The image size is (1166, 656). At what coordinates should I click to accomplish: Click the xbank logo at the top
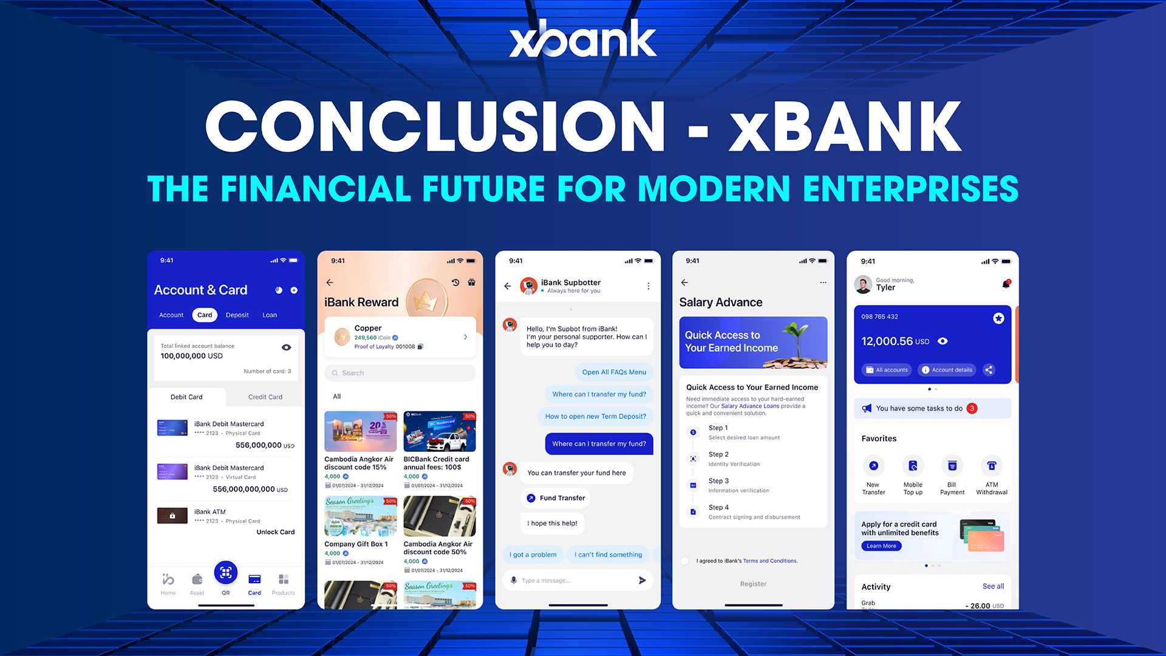[x=582, y=39]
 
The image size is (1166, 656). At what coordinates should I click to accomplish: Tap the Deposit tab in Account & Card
[x=237, y=315]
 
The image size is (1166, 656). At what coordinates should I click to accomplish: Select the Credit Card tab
[x=265, y=397]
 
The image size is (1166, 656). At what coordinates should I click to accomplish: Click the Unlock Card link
[x=275, y=532]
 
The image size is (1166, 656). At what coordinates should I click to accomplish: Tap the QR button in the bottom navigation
[x=225, y=573]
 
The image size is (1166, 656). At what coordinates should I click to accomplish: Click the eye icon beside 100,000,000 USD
[x=286, y=347]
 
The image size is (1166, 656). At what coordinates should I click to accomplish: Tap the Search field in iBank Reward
[x=400, y=373]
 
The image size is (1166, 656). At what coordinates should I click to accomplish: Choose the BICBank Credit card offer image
[x=439, y=432]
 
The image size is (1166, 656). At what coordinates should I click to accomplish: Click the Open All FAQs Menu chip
[x=613, y=372]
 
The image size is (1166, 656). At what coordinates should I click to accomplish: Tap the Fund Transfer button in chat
[x=555, y=498]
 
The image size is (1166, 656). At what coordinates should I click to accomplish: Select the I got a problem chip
[x=533, y=555]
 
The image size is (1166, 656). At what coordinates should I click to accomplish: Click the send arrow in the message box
[x=642, y=581]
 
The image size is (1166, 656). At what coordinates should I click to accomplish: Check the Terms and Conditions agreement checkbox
[x=685, y=561]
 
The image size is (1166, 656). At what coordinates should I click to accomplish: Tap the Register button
[x=753, y=584]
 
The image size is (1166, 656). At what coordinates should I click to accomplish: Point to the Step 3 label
[x=718, y=481]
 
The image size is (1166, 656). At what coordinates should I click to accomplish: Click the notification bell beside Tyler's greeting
[x=1006, y=284]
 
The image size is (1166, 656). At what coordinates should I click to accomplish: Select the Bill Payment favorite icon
[x=952, y=466]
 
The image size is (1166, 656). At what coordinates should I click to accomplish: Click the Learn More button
[x=881, y=546]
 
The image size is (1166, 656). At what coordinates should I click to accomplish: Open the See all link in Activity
[x=993, y=586]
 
